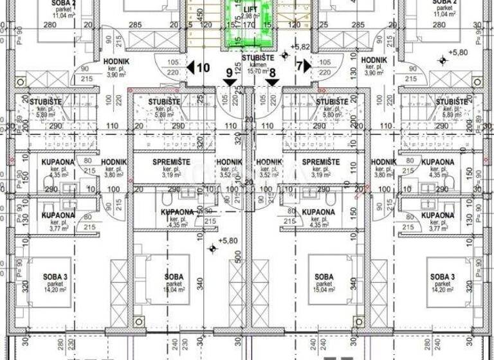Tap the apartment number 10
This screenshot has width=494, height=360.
pos(203,67)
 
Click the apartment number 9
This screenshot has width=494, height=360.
pos(230,73)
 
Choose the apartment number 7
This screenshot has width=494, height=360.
pos(299,66)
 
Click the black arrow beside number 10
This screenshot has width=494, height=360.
pos(190,67)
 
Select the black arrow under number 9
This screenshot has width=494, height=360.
pos(230,82)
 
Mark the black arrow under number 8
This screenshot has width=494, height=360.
pos(272,82)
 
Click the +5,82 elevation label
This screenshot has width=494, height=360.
pos(300,47)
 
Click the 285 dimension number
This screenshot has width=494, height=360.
pos(134,26)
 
